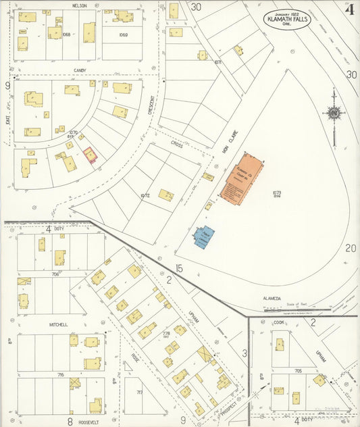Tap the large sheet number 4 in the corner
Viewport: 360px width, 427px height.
(349, 9)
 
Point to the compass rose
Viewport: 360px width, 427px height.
(333, 113)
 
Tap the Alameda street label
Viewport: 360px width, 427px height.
(272, 297)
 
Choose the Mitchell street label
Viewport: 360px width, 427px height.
(58, 324)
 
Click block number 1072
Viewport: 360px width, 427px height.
(145, 195)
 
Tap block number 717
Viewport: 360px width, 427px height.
(140, 392)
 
